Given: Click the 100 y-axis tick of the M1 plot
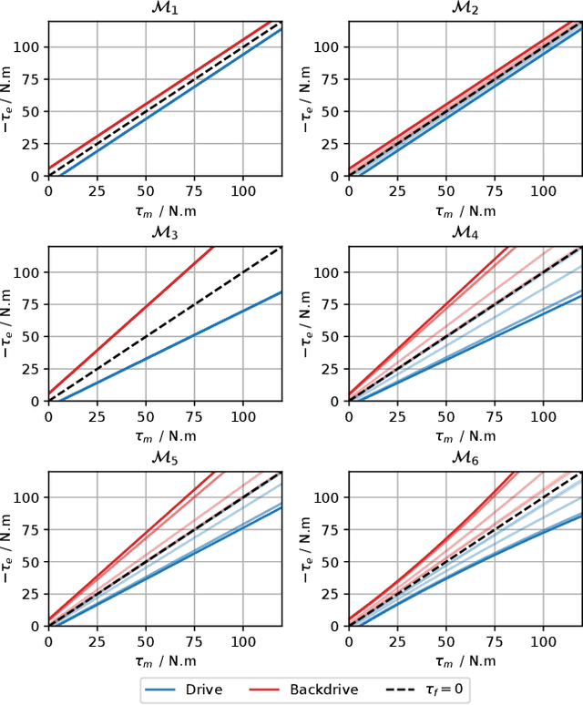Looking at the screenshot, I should pyautogui.click(x=28, y=46).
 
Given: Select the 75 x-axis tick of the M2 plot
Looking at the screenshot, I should pyautogui.click(x=495, y=192).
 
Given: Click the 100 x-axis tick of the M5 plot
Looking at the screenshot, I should pyautogui.click(x=243, y=642).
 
